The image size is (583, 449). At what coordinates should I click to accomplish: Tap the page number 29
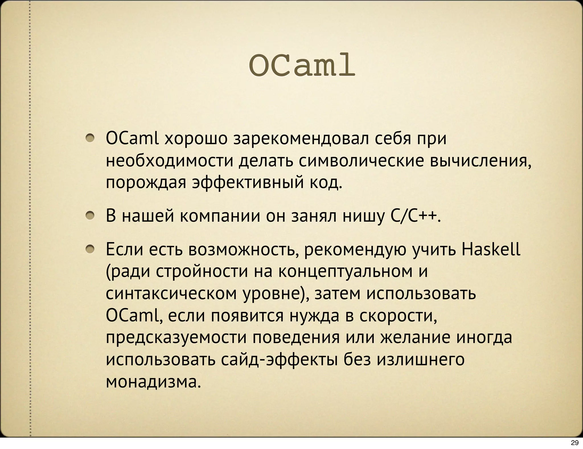coord(575,442)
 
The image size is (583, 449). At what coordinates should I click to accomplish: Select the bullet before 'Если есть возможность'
coord(91,249)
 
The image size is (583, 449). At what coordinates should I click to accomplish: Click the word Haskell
coord(491,249)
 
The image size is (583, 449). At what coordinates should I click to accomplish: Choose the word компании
coord(220,216)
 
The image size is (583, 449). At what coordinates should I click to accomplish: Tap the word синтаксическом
coord(171,294)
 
